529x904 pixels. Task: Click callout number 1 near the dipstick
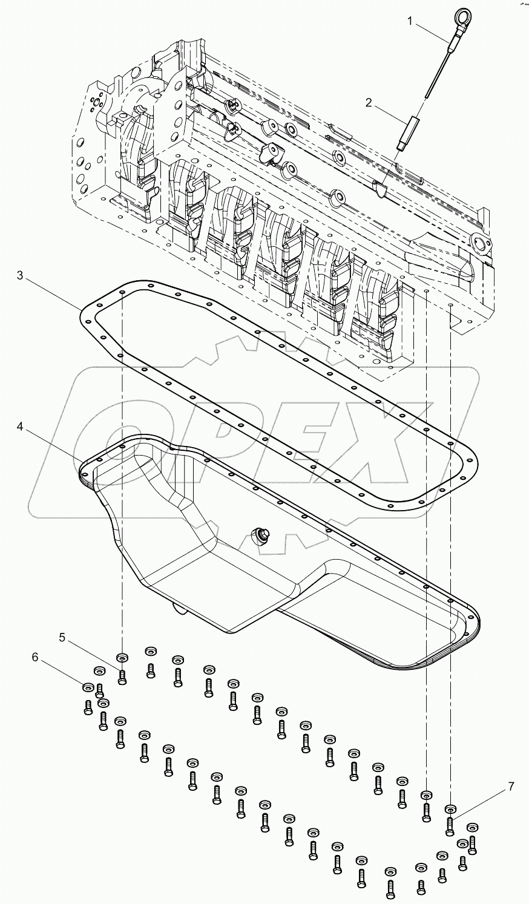coord(410,21)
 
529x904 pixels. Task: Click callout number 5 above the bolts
coord(62,637)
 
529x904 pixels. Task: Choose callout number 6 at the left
coord(35,657)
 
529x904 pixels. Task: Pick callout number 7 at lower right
coord(511,787)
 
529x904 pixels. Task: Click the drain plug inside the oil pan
coord(263,534)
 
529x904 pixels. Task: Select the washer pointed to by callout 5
coord(122,657)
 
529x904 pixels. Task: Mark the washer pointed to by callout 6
coord(88,686)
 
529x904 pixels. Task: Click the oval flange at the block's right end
coord(481,244)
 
